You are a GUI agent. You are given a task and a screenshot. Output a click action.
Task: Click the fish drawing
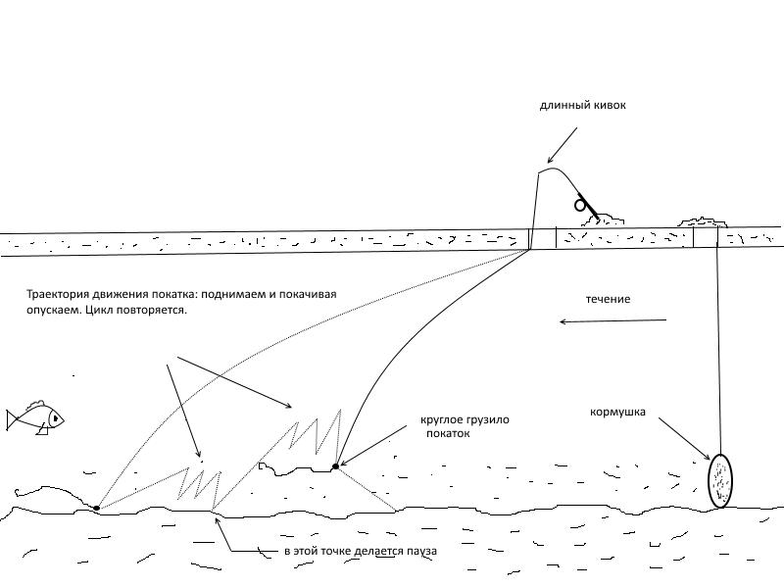pos(34,418)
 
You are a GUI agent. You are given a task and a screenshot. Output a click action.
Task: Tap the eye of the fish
pos(55,418)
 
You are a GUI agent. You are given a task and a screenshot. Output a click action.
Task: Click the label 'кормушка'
pos(617,412)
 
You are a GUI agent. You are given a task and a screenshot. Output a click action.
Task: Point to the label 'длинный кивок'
pos(582,105)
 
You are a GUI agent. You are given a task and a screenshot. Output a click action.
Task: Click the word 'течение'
pos(608,298)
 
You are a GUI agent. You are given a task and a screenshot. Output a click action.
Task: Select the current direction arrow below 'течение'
pos(612,320)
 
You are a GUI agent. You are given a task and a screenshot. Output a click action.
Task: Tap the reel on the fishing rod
pos(581,205)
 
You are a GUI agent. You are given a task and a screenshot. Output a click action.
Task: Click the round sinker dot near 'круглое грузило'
pos(335,466)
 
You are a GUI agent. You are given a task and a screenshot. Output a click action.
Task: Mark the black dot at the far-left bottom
pos(97,508)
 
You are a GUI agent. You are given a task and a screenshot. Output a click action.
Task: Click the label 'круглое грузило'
pos(465,419)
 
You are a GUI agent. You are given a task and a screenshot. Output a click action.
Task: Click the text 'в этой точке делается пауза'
pos(359,552)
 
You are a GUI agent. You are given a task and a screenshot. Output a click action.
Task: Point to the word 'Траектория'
pos(60,294)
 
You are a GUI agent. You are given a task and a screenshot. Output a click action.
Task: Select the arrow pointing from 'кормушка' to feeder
pos(683,438)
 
